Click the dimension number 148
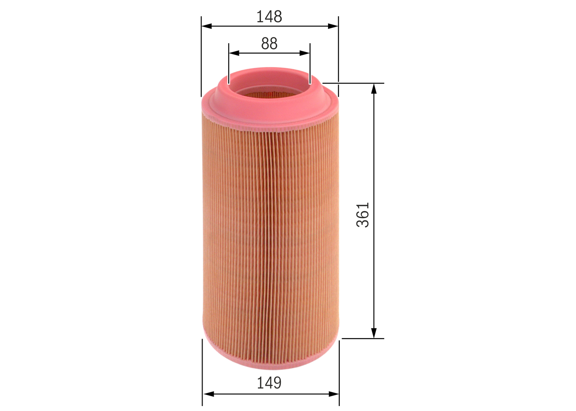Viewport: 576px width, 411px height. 269,17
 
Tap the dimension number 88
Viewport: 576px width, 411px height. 269,44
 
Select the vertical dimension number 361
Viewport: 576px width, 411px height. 363,215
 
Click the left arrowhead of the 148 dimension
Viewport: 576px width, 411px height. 207,26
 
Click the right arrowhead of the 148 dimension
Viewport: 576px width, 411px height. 333,26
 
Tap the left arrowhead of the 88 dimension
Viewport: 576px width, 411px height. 234,53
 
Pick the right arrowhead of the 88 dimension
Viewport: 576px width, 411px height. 305,53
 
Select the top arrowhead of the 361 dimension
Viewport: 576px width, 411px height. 374,89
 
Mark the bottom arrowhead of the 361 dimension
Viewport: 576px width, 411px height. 374,333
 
